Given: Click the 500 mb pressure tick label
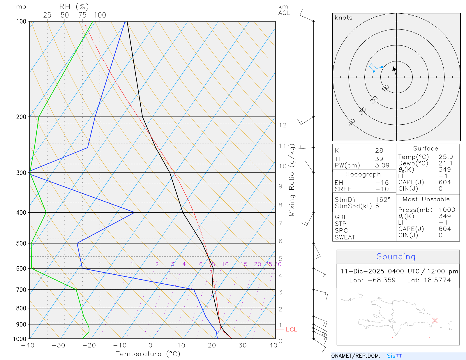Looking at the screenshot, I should [x=21, y=243].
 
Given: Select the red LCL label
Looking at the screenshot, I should [x=291, y=329].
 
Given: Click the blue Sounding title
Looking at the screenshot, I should [x=396, y=257].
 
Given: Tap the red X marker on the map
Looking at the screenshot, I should [x=435, y=320].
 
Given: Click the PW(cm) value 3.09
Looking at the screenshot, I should [x=382, y=165].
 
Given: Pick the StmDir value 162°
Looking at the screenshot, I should [x=383, y=200].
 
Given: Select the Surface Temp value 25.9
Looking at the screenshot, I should [x=446, y=157].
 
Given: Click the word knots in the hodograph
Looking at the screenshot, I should [x=343, y=18].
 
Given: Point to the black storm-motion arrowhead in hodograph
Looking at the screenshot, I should [x=394, y=69].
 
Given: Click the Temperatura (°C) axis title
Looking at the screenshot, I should [x=148, y=354].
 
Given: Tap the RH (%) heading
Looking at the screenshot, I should [x=74, y=6].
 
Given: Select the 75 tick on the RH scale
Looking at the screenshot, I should [x=82, y=15].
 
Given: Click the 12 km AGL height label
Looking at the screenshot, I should [x=283, y=125].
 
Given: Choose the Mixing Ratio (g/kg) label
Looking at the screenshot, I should [x=292, y=180].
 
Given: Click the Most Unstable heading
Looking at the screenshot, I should [x=426, y=200].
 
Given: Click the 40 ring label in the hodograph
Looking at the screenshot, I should [x=352, y=122].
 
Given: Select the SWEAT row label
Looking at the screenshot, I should [x=345, y=237].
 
